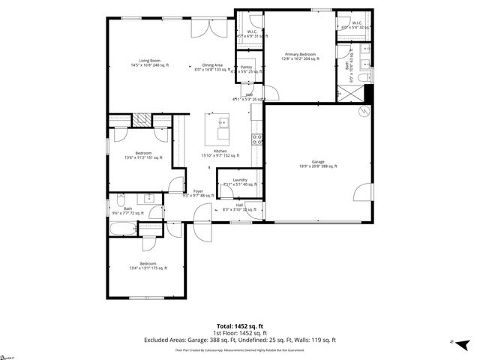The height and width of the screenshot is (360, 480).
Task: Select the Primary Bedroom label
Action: pyautogui.click(x=299, y=56)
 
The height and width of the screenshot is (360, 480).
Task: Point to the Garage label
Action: pyautogui.click(x=318, y=163)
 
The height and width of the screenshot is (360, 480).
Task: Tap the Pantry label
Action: pyautogui.click(x=246, y=69)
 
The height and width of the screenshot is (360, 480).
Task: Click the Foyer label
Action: pyautogui.click(x=198, y=193)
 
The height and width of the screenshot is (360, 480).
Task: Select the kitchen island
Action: pyautogui.click(x=222, y=128)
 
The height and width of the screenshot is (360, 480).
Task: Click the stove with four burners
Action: pyautogui.click(x=256, y=137)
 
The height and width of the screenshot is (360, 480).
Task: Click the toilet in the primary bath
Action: pyautogui.click(x=364, y=78)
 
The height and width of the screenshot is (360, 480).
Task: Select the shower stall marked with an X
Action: pyautogui.click(x=348, y=94)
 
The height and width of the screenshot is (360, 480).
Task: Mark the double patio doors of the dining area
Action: pyautogui.click(x=209, y=28)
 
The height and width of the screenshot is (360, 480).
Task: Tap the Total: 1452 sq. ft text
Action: pyautogui.click(x=239, y=325)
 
